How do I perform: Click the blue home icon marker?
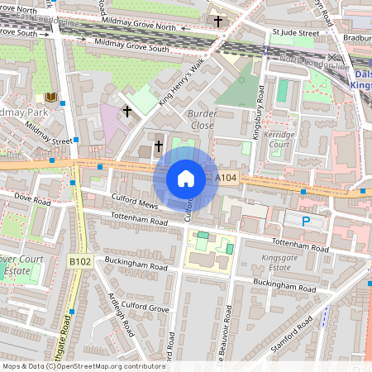coord(186,178)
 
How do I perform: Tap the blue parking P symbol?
coord(306,222)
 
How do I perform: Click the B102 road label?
coord(79,261)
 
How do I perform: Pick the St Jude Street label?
coord(295,33)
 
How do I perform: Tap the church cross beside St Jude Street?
coord(217,20)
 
